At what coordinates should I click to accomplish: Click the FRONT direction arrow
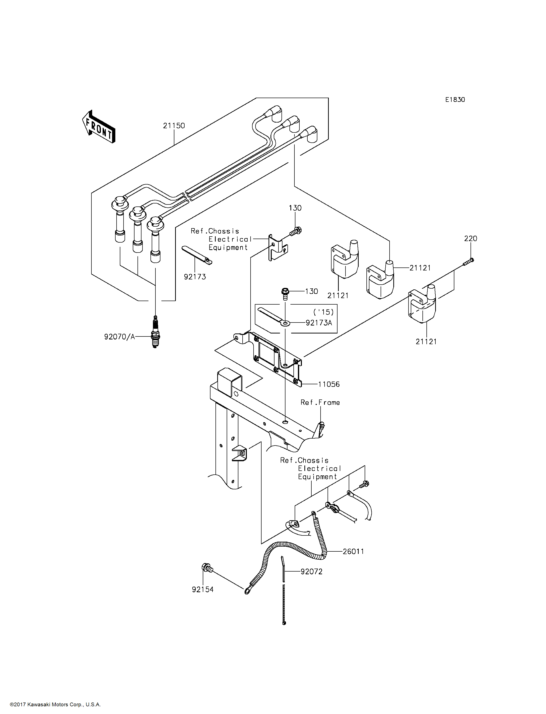point(98,127)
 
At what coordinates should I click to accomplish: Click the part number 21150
point(174,126)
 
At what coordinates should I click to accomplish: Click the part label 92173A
point(319,323)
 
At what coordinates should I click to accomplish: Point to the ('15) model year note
point(323,312)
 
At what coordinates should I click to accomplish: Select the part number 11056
point(329,384)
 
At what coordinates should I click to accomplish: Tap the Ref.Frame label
point(320,402)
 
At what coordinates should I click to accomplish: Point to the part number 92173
point(195,277)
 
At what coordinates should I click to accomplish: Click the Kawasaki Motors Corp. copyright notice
point(55,705)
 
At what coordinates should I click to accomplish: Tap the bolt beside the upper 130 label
point(295,231)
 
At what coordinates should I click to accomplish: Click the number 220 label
point(471,239)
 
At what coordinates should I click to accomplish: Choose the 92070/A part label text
point(120,337)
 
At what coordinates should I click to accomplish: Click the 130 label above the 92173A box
point(311,291)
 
